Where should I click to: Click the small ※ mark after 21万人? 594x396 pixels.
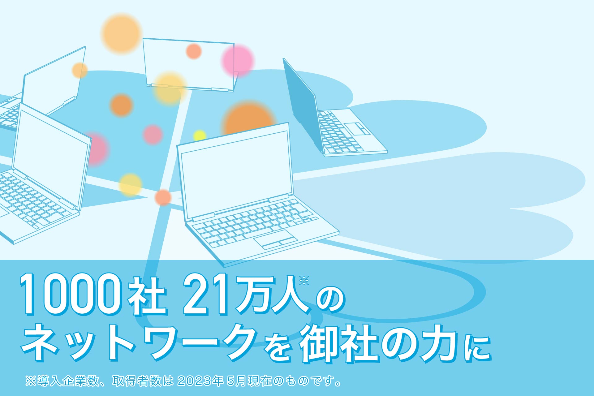pos(304,280)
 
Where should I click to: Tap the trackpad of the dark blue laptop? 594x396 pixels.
pos(357,129)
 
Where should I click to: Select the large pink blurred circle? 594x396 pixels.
pos(238,61)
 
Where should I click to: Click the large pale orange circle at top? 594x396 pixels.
pos(122,33)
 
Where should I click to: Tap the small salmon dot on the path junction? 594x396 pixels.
pos(163,197)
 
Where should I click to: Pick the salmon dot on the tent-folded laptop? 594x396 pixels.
pos(194,51)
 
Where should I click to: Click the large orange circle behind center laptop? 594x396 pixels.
pos(248,119)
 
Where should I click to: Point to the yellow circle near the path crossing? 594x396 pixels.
pos(131,185)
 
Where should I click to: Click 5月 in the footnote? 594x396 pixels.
pos(237,381)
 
